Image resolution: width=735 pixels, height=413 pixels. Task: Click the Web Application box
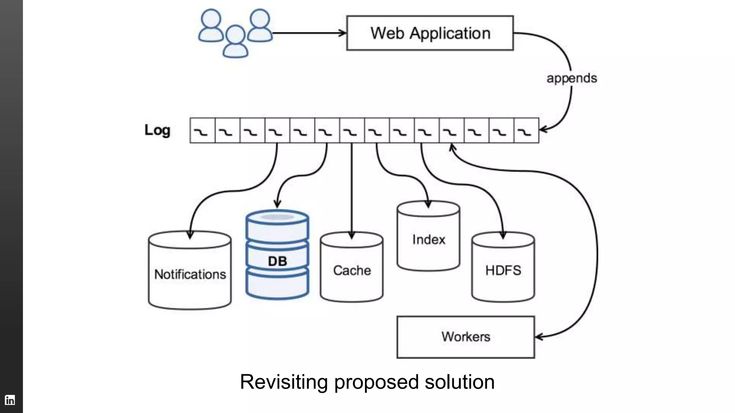(x=430, y=33)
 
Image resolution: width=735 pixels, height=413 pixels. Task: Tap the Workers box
(x=465, y=337)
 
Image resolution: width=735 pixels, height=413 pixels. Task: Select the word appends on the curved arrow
(x=571, y=78)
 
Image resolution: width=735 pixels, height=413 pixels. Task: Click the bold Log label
(x=157, y=130)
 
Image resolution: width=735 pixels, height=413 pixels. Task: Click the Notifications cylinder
(x=190, y=274)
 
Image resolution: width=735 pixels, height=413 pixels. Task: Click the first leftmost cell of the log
(x=202, y=130)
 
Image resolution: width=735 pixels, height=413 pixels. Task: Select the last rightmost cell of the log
(x=526, y=130)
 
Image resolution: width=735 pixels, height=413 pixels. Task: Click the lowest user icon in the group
(x=235, y=42)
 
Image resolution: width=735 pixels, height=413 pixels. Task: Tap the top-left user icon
(x=211, y=26)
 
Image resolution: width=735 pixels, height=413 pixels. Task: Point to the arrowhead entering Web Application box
(x=343, y=33)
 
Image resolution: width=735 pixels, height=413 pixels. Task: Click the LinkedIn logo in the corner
(x=10, y=400)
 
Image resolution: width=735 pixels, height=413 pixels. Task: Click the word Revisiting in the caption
(x=284, y=382)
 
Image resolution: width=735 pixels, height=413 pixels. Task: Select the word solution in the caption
(x=460, y=382)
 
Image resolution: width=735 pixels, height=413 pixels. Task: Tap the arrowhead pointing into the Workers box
(x=539, y=337)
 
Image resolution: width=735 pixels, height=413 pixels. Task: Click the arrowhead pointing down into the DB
(x=277, y=204)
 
